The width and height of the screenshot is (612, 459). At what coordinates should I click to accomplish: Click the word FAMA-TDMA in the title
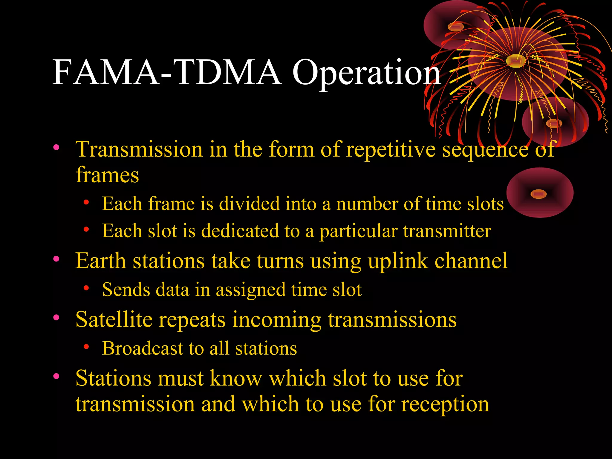167,73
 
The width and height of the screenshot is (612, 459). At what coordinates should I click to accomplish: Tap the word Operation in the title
366,73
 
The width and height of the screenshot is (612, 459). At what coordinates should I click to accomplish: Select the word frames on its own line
107,175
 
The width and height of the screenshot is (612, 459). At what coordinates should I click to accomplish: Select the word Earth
100,261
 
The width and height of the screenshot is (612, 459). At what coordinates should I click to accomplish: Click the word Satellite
114,319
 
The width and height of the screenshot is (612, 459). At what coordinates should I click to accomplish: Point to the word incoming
277,319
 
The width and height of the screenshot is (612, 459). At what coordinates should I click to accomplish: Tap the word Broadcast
143,348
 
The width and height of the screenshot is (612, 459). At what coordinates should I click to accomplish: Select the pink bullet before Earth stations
56,259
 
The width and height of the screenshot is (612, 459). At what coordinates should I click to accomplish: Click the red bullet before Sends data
86,288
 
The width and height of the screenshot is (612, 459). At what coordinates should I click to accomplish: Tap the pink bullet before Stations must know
56,376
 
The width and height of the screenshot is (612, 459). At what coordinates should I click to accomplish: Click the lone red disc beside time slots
540,193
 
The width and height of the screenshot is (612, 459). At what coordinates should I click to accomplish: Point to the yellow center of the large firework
516,61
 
